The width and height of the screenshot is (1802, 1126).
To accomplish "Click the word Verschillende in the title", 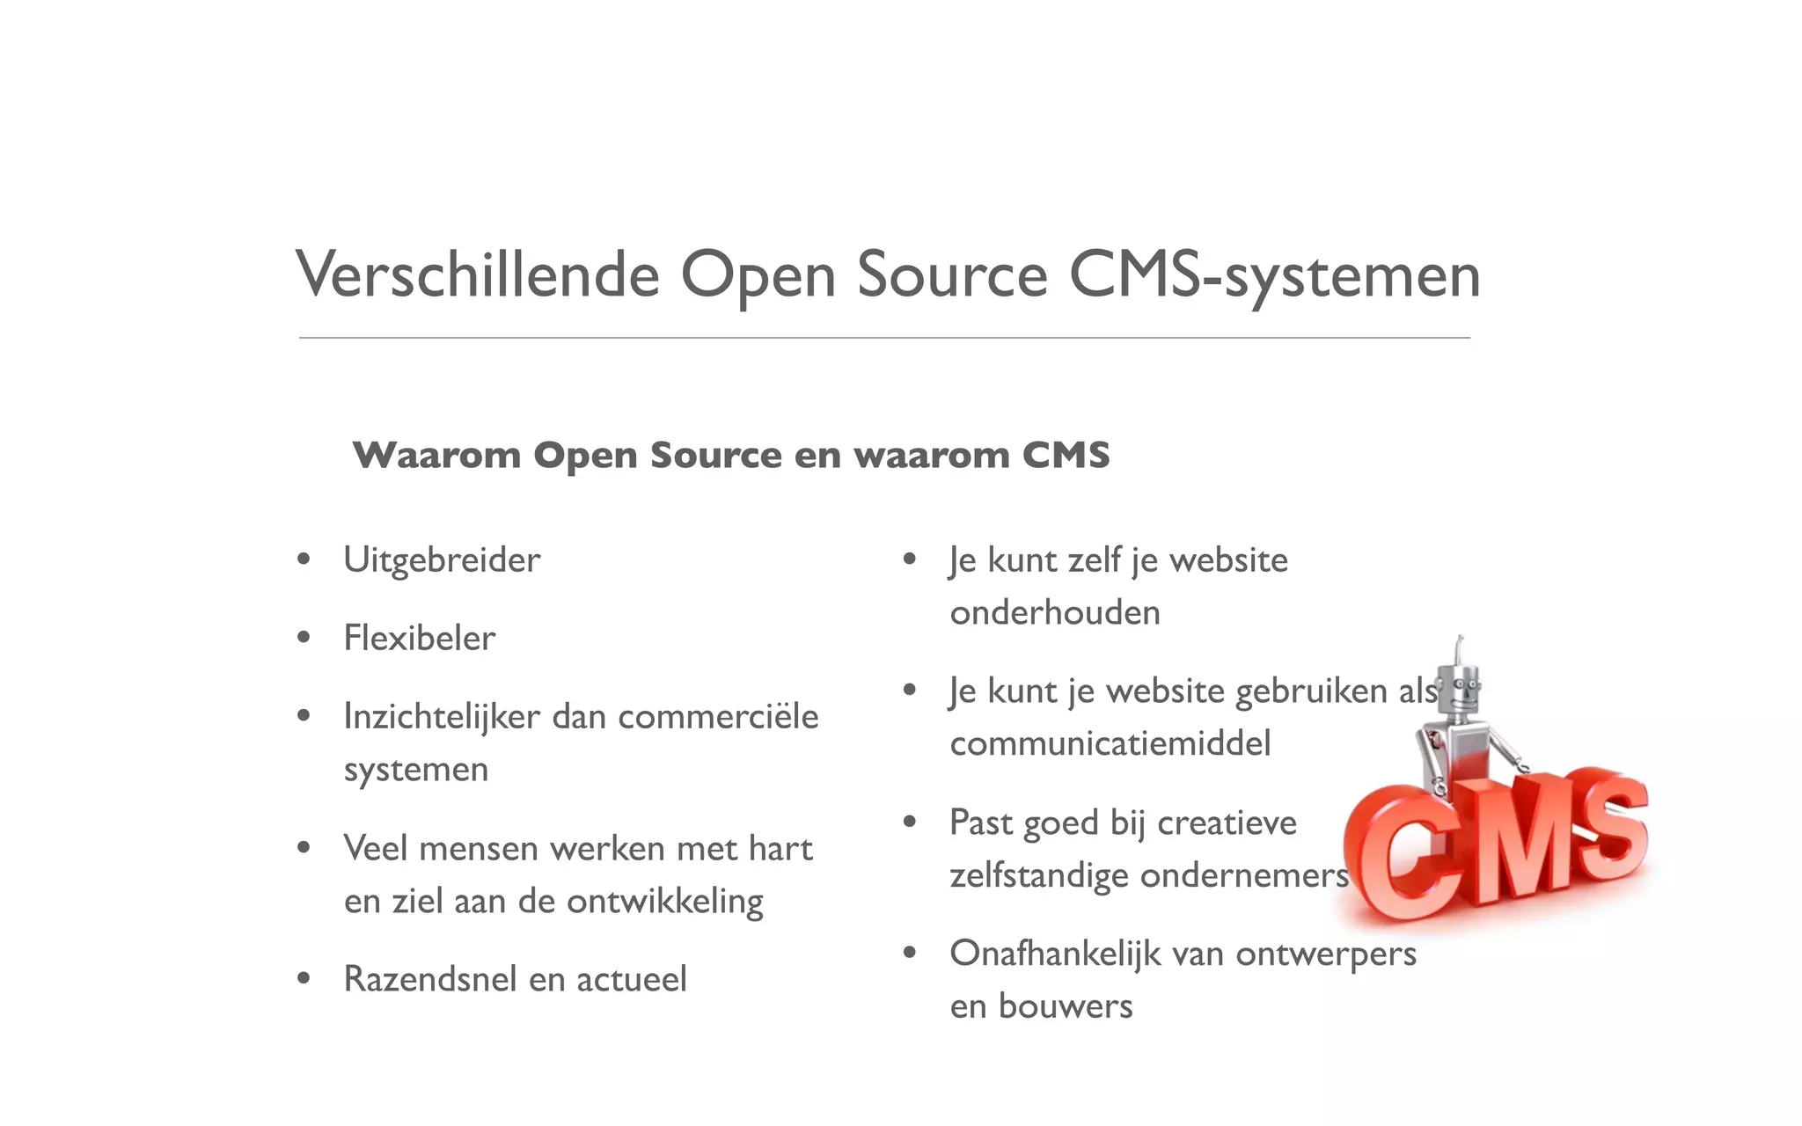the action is click(x=478, y=275).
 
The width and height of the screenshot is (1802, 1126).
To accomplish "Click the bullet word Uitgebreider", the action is click(x=442, y=560).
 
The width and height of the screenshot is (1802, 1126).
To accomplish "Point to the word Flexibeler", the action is click(x=419, y=639).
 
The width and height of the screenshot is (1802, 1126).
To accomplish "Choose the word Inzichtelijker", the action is click(x=442, y=717).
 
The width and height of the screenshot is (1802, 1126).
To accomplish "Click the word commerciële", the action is click(x=718, y=717).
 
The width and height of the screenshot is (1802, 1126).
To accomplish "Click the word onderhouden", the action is click(x=1055, y=613).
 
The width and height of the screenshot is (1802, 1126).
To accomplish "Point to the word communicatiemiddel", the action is click(x=1110, y=744).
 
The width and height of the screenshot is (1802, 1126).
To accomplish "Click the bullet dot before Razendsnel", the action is click(x=304, y=978).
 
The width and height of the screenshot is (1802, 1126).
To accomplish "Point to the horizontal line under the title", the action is click(x=884, y=338).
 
